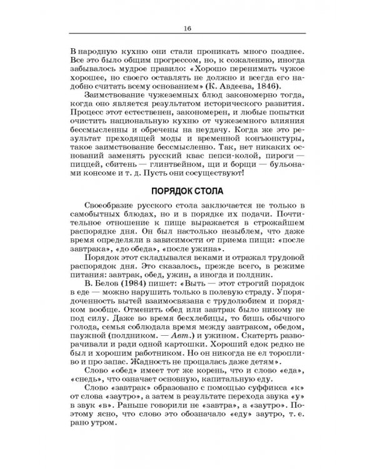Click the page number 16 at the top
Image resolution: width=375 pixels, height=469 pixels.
[187, 28]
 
